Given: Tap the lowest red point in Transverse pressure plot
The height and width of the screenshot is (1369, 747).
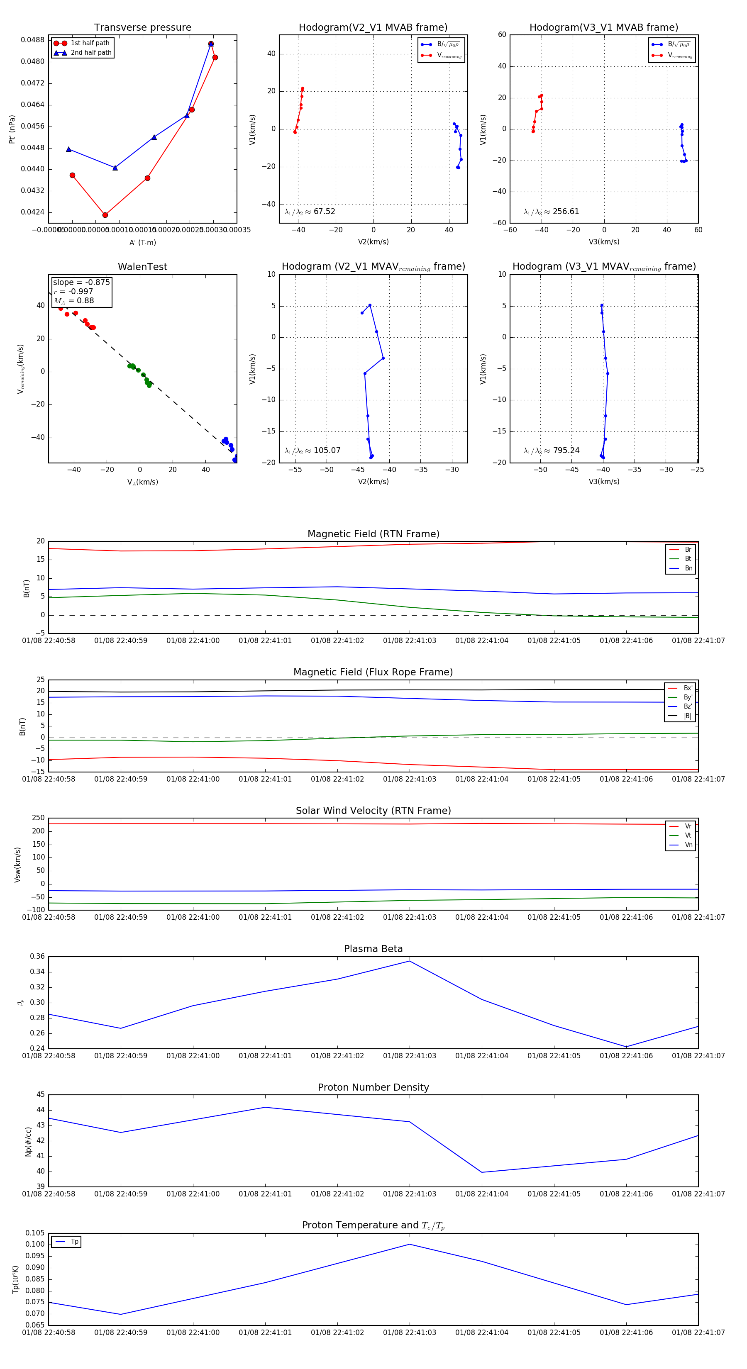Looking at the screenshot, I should (105, 215).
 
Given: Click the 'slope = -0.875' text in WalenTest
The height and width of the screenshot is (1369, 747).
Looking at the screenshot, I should (81, 282).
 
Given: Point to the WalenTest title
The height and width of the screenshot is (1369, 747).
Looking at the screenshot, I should (142, 267).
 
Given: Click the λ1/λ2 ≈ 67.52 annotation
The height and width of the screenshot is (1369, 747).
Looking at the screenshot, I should (310, 212).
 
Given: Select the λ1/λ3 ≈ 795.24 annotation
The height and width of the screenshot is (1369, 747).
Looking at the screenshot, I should (552, 451).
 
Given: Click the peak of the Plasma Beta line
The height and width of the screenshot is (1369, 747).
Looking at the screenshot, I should (409, 961).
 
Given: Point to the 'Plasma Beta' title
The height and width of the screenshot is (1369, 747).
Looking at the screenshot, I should (373, 949).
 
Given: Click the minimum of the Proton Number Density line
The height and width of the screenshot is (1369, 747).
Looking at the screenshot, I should (482, 1172).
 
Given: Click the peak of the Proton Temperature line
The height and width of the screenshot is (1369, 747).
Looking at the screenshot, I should (409, 1244).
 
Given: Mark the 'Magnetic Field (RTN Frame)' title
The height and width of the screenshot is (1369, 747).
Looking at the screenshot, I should (373, 534).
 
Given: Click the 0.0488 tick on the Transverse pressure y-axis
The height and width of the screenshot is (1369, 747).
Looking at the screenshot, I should (32, 40).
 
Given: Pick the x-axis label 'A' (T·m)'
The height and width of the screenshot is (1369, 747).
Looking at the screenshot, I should (142, 243).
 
